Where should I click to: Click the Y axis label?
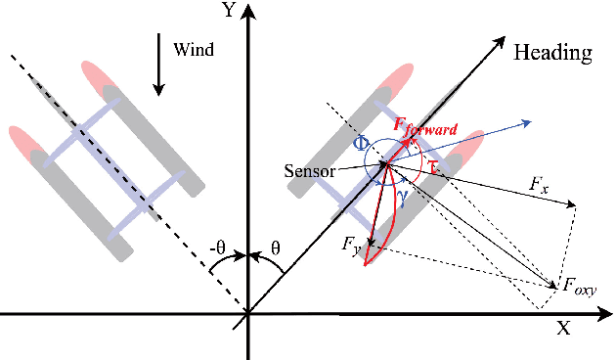pos(229,11)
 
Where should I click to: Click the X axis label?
pos(563,329)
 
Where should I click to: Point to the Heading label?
pos(552,53)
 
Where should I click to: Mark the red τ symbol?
pos(435,167)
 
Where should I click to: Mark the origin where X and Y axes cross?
pos(248,313)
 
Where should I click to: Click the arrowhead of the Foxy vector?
pos(554,284)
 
